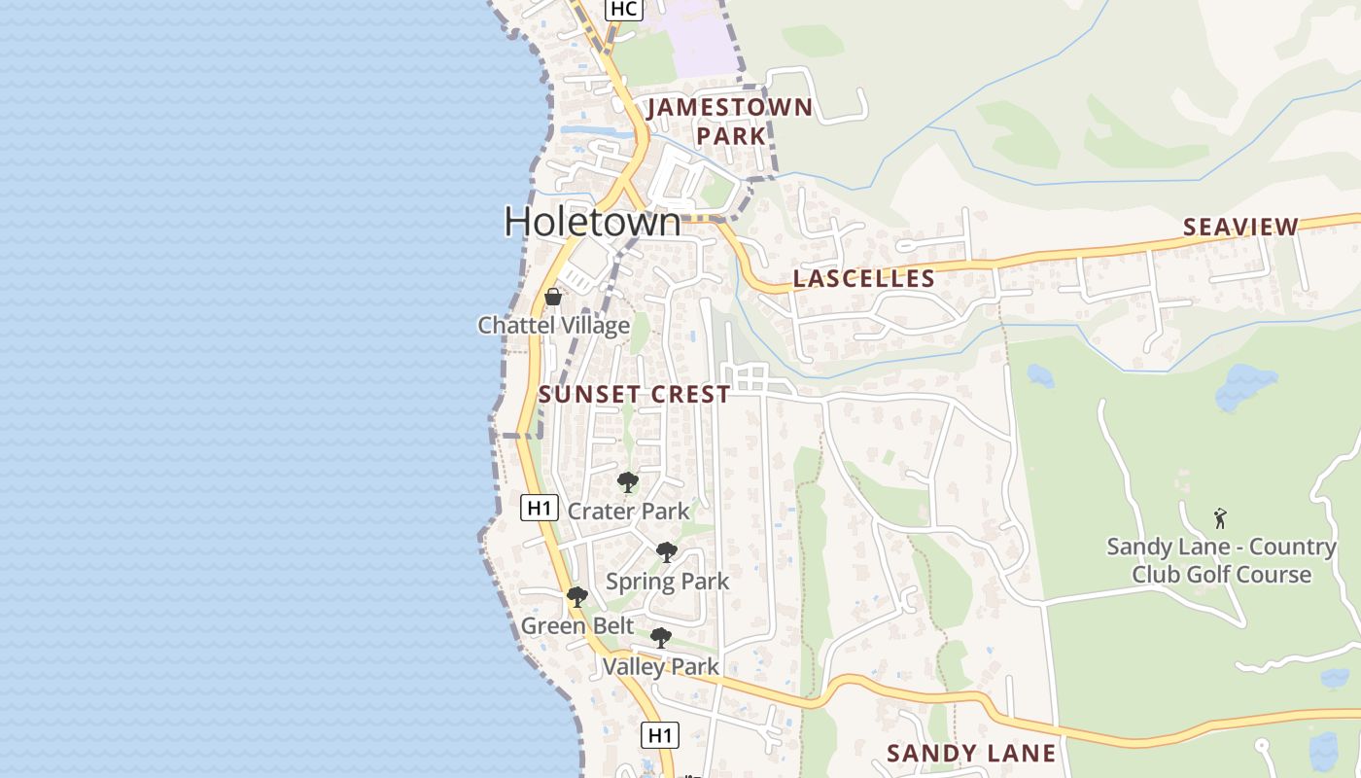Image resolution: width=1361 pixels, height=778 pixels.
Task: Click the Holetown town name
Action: click(592, 222)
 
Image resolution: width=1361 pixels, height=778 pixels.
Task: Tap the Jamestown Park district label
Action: click(730, 121)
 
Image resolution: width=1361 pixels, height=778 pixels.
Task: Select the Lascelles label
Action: click(864, 279)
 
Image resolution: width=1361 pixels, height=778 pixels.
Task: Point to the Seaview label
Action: click(1240, 228)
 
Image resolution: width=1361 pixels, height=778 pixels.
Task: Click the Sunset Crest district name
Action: click(634, 394)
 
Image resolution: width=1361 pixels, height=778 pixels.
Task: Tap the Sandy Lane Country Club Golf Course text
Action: click(1222, 560)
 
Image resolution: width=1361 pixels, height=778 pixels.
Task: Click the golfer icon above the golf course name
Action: click(1220, 518)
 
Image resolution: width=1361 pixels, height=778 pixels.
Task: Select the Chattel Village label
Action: click(553, 325)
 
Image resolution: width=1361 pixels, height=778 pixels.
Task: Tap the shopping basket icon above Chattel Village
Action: click(553, 296)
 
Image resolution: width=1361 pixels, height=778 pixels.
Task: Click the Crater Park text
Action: click(628, 511)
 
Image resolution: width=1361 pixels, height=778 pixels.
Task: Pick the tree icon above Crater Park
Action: click(628, 481)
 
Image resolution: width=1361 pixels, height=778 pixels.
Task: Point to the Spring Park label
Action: click(667, 582)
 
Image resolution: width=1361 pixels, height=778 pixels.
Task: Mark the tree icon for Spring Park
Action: click(666, 552)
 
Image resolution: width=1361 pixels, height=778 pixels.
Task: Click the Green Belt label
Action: click(577, 625)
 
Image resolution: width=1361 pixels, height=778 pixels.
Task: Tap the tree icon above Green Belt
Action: click(576, 596)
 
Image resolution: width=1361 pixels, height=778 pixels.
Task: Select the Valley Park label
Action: click(661, 667)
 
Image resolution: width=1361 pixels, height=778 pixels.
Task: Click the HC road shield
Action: click(623, 9)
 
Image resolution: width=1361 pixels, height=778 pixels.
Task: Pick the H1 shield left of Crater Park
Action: click(540, 507)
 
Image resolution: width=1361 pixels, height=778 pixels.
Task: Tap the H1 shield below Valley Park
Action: click(660, 734)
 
